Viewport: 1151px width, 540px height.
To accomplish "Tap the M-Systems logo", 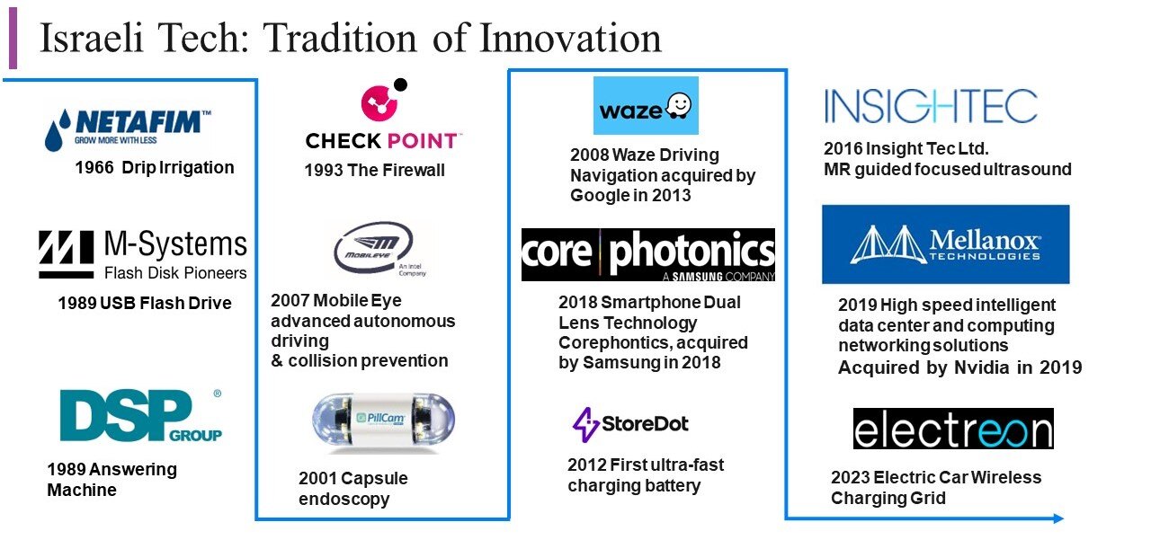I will click(142, 255).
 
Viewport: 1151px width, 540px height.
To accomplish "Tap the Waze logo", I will click(646, 107).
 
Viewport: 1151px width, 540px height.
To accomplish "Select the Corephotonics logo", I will click(647, 254).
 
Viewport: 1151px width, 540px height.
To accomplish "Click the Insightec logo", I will click(931, 106).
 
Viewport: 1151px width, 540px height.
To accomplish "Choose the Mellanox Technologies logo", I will click(945, 244).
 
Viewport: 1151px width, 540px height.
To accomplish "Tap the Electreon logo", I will click(952, 429).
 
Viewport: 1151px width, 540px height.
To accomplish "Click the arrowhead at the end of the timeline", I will click(1058, 518).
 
